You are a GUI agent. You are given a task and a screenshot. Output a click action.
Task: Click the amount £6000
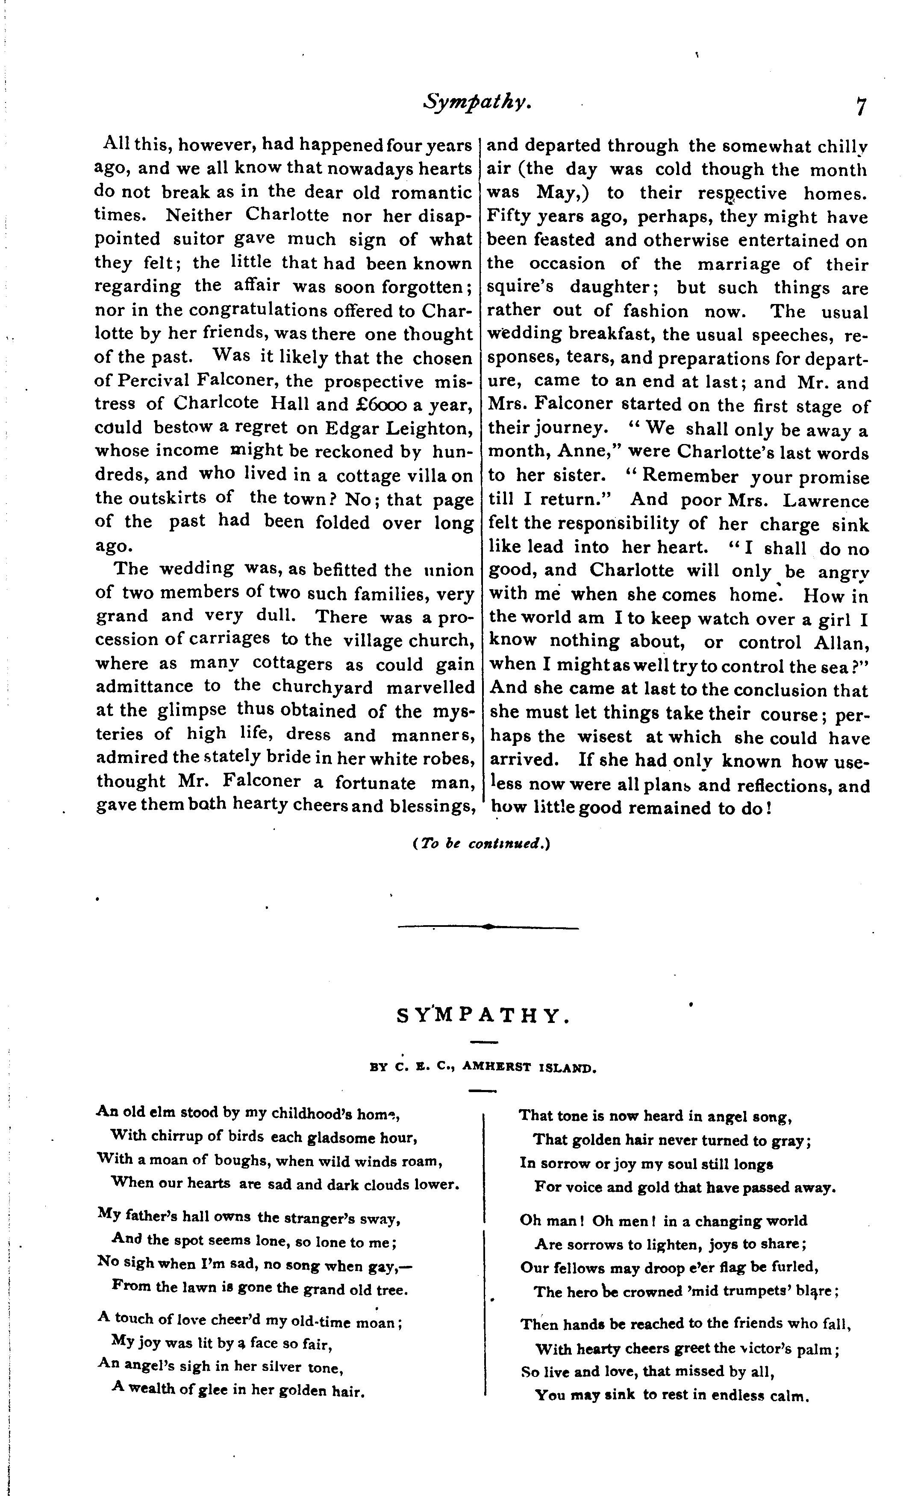(x=380, y=404)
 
